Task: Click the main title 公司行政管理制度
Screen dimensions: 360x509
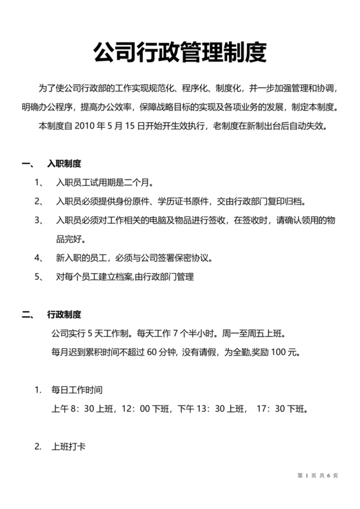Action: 179,52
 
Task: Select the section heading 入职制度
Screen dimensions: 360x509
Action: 64,163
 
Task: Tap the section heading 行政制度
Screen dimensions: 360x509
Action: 64,315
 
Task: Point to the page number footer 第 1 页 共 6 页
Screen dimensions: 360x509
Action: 318,476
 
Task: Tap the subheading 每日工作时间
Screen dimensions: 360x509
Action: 77,390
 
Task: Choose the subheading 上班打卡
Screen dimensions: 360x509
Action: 69,447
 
